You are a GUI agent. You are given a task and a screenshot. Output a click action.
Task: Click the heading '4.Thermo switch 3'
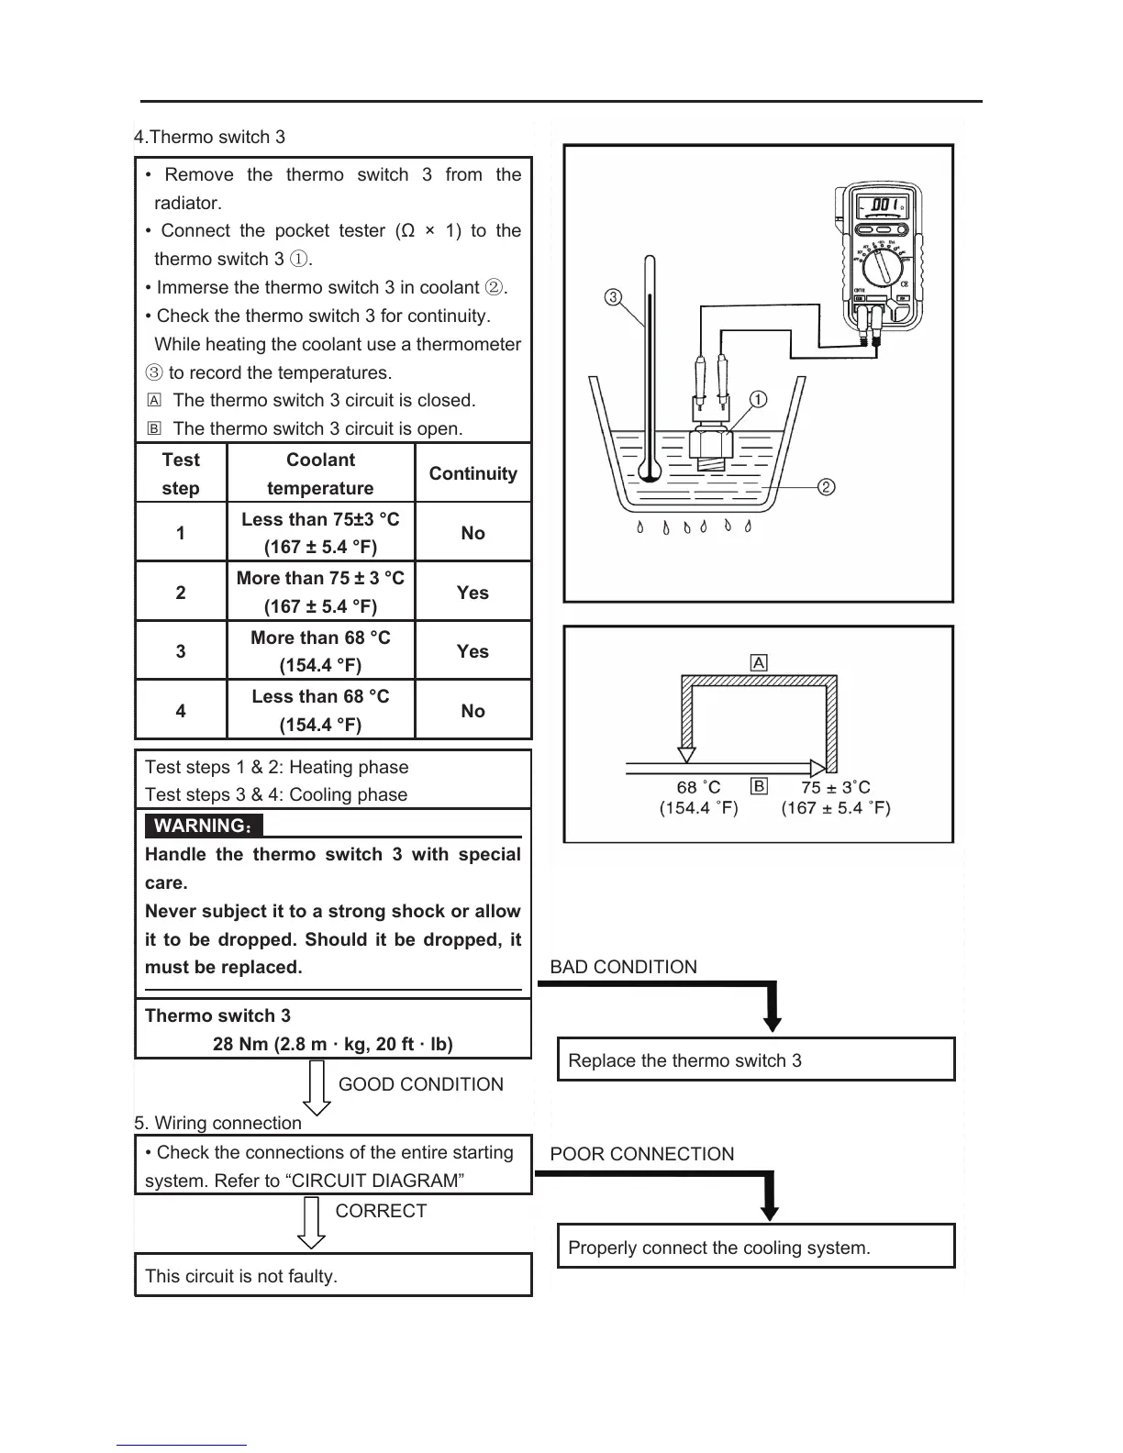point(210,138)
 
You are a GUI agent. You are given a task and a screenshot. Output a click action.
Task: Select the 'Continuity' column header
point(473,473)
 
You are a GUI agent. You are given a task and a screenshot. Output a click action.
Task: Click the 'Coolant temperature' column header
point(320,473)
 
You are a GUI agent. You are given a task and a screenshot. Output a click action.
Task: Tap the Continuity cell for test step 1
point(473,533)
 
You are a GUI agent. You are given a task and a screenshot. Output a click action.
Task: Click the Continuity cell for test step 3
point(473,651)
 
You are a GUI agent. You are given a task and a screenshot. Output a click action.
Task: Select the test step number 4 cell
point(181,711)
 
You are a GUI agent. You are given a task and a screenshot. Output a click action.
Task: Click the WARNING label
point(203,826)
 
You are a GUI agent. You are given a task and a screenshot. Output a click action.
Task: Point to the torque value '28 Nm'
point(240,1044)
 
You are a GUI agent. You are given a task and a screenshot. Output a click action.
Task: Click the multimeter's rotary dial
point(883,267)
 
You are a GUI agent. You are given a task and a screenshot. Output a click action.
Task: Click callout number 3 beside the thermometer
point(613,296)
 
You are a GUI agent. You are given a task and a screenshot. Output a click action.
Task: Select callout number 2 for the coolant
point(826,486)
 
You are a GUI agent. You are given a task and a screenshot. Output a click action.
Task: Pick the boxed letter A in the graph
point(759,662)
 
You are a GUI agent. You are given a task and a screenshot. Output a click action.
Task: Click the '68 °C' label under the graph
point(698,787)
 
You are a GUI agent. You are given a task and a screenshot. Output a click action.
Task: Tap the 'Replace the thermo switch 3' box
point(756,1060)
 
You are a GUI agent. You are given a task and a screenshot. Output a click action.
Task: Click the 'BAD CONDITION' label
point(623,967)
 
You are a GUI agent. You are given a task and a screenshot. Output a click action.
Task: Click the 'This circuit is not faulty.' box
point(333,1275)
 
